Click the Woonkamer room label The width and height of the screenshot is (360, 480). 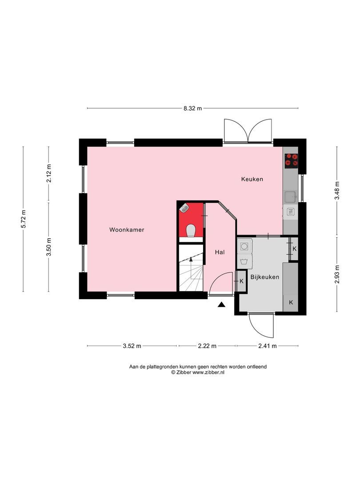point(127,230)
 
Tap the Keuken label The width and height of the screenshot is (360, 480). point(252,179)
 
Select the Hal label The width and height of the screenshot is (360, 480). point(220,252)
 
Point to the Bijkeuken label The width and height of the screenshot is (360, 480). point(264,277)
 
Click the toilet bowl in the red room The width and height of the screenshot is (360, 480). point(191,230)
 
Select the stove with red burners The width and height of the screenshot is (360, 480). point(292,160)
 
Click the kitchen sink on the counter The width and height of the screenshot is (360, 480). point(291,196)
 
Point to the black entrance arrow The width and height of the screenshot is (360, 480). point(221,304)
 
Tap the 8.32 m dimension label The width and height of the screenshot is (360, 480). point(192,108)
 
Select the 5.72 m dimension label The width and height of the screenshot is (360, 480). point(24,219)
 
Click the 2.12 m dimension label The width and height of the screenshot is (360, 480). point(49,173)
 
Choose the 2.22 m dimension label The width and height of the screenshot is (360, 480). point(207,346)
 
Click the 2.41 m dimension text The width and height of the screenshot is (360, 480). point(268,346)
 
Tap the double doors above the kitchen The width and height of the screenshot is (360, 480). point(248,131)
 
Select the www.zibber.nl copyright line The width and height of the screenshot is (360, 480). point(198,373)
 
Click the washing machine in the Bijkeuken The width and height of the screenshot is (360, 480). point(245,246)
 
